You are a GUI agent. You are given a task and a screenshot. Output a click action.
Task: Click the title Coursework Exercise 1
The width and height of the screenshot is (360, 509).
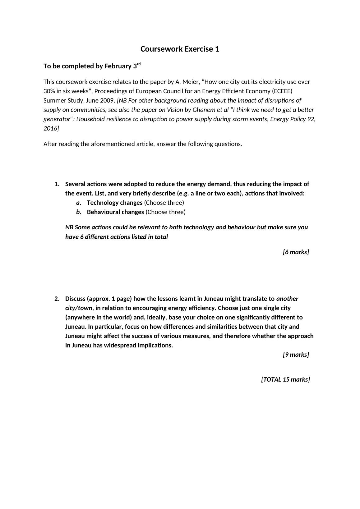tap(180, 49)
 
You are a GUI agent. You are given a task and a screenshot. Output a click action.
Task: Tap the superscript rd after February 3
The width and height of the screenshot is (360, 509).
tap(139, 64)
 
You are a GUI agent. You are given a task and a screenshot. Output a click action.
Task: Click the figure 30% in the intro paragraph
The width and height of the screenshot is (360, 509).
tap(49, 91)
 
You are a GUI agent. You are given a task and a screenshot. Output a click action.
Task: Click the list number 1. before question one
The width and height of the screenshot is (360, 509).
tap(57, 184)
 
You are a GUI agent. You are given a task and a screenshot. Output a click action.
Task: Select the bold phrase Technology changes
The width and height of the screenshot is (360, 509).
tap(115, 203)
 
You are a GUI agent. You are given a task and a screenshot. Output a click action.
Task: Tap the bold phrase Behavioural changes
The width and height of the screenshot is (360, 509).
tap(115, 212)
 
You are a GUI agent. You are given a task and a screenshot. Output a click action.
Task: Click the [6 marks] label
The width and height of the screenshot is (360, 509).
tap(296, 252)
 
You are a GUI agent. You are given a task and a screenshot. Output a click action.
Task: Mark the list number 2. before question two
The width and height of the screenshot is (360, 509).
tap(57, 299)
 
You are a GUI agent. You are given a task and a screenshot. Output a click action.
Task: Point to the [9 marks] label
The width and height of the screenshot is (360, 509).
tap(296, 355)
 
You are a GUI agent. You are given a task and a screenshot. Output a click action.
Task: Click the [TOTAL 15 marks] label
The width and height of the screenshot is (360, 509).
tap(285, 380)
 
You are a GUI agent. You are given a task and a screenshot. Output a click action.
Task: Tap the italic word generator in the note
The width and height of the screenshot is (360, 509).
tap(57, 119)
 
